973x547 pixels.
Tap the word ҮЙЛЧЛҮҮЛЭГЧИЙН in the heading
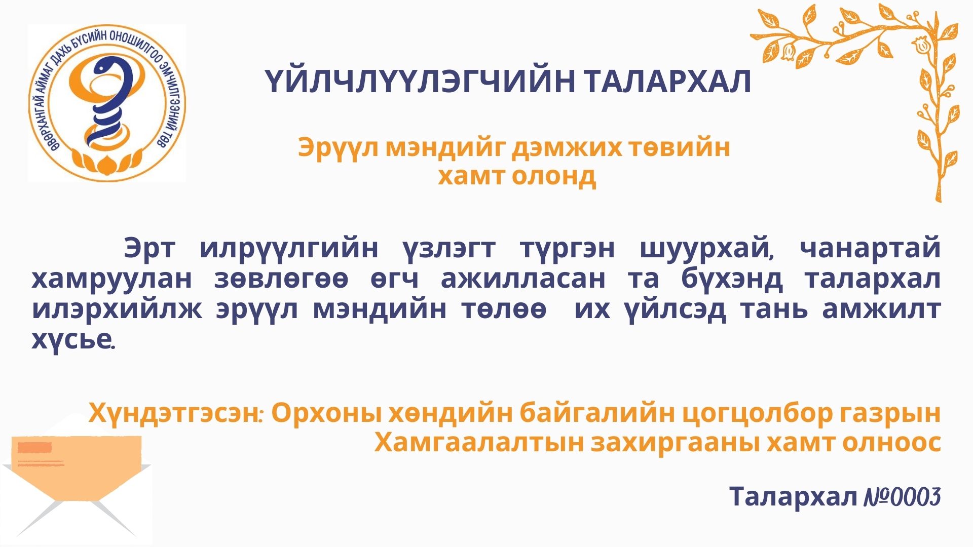(x=420, y=82)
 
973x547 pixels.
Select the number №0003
(x=902, y=497)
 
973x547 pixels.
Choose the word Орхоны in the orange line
(x=326, y=414)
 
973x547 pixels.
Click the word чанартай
(x=870, y=248)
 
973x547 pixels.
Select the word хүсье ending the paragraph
(x=73, y=339)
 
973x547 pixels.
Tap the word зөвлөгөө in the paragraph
(x=281, y=279)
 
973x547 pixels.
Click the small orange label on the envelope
(x=34, y=447)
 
